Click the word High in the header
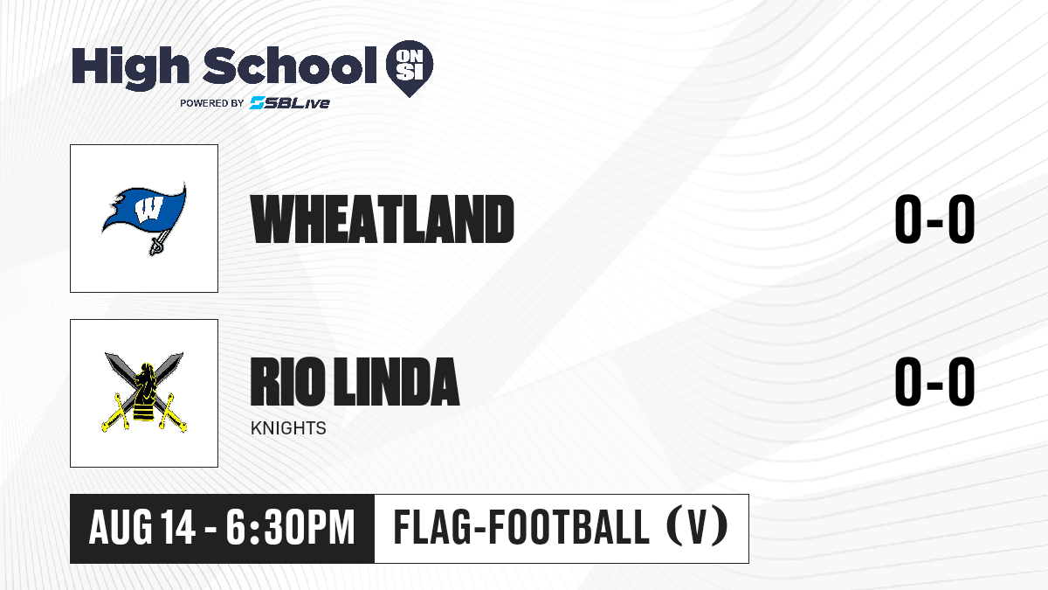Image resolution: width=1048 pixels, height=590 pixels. tap(130, 67)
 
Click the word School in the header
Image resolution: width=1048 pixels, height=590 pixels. tap(290, 65)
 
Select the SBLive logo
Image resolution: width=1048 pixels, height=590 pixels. tap(289, 102)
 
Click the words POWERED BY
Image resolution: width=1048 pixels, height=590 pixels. tap(212, 103)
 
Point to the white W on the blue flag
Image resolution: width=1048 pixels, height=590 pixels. tap(148, 208)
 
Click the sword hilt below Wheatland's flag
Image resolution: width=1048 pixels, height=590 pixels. tap(156, 245)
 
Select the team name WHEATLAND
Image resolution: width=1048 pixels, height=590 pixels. tap(383, 219)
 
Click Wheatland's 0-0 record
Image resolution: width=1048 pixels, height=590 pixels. tap(934, 219)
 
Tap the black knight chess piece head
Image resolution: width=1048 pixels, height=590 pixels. tap(146, 376)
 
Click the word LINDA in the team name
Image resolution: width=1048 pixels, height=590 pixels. tap(396, 381)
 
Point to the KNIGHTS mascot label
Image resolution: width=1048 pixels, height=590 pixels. tap(288, 428)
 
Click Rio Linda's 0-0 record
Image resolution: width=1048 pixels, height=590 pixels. tap(934, 381)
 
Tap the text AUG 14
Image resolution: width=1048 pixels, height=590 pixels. tap(142, 528)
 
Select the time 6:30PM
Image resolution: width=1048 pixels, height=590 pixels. tap(291, 528)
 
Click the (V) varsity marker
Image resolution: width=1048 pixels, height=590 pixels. tap(697, 527)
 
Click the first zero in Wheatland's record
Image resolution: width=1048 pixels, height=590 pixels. tap(908, 219)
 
